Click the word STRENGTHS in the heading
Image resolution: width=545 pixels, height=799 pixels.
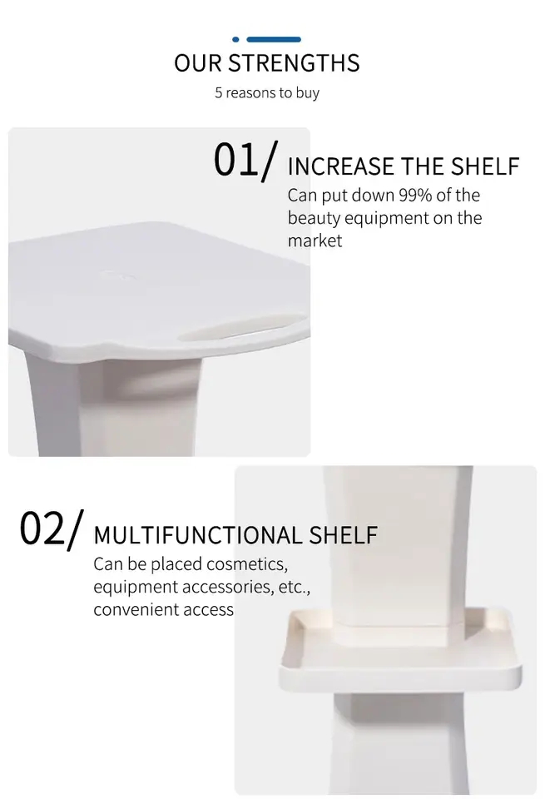294,63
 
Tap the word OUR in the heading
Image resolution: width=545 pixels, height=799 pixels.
198,63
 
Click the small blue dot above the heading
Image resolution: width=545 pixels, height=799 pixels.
236,39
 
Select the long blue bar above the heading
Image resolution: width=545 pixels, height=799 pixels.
274,39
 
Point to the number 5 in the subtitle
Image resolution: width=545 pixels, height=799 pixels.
219,92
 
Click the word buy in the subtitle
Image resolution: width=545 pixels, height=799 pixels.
307,93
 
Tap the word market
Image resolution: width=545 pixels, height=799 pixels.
315,241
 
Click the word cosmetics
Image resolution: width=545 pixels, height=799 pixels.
247,564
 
